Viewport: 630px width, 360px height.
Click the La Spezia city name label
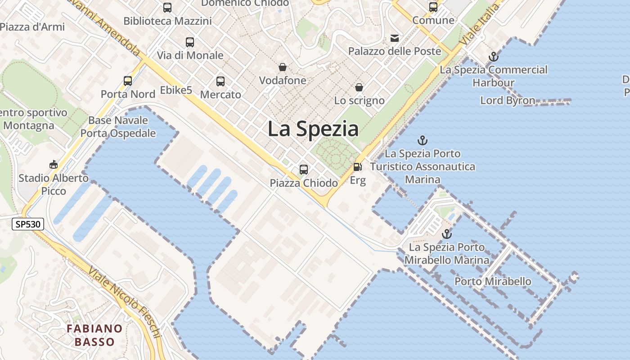313,129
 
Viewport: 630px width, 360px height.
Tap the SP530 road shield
28,224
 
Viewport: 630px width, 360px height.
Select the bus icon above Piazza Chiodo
304,170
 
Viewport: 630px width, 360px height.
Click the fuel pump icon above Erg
358,167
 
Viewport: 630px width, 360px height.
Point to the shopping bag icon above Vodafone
283,67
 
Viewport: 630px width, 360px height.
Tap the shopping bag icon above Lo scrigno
359,87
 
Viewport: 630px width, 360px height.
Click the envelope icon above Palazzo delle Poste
395,38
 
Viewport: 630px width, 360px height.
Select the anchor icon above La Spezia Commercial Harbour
494,57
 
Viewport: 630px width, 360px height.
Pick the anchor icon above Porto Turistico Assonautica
423,140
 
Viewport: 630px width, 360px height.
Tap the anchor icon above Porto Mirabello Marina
446,234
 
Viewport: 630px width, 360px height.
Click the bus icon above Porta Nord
128,81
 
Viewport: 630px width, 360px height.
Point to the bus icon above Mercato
220,81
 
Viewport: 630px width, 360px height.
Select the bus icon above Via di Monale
190,42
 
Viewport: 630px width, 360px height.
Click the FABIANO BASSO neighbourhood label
94,335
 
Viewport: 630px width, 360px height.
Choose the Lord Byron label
508,100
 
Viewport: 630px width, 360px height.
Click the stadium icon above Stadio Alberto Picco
54,165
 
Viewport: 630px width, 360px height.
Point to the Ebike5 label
176,90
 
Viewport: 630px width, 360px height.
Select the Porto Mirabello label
493,282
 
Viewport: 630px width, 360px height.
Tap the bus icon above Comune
433,7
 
